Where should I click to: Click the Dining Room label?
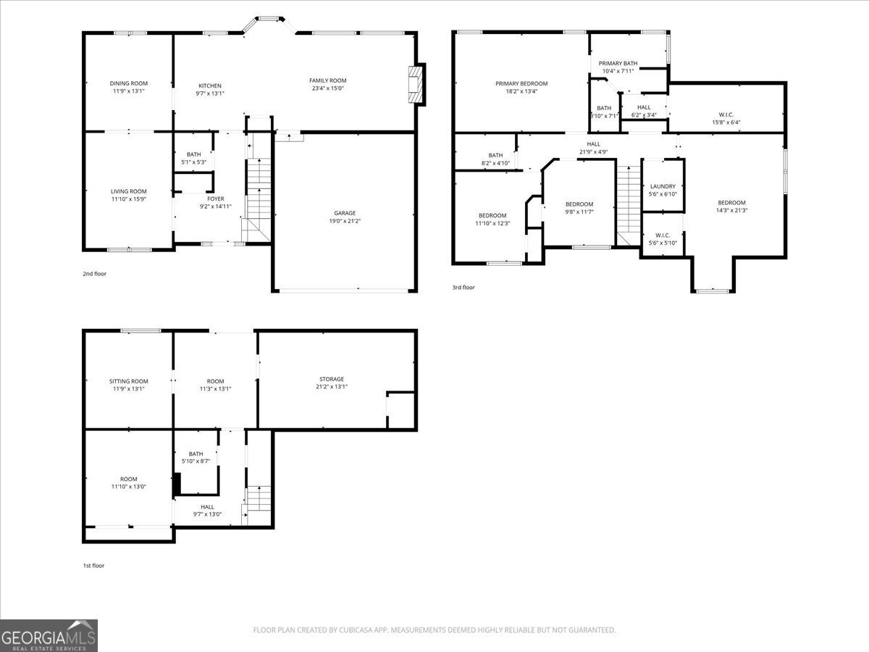[x=127, y=83]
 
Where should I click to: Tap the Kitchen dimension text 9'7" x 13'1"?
[x=210, y=93]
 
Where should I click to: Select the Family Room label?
[x=328, y=80]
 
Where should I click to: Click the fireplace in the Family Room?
[x=415, y=85]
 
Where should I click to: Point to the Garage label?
[x=345, y=213]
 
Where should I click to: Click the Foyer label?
[x=216, y=198]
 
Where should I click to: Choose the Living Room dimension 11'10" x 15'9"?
[x=129, y=199]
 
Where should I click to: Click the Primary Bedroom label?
[x=521, y=83]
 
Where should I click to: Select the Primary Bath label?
[x=618, y=63]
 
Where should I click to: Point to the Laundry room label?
[x=663, y=186]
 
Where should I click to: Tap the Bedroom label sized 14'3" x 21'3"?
[x=731, y=203]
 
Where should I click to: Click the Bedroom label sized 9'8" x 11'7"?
[x=579, y=204]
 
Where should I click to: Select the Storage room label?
[x=332, y=379]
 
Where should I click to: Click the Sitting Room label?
[x=129, y=381]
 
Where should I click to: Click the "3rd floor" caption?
[x=463, y=288]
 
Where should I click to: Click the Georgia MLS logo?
[x=49, y=635]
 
